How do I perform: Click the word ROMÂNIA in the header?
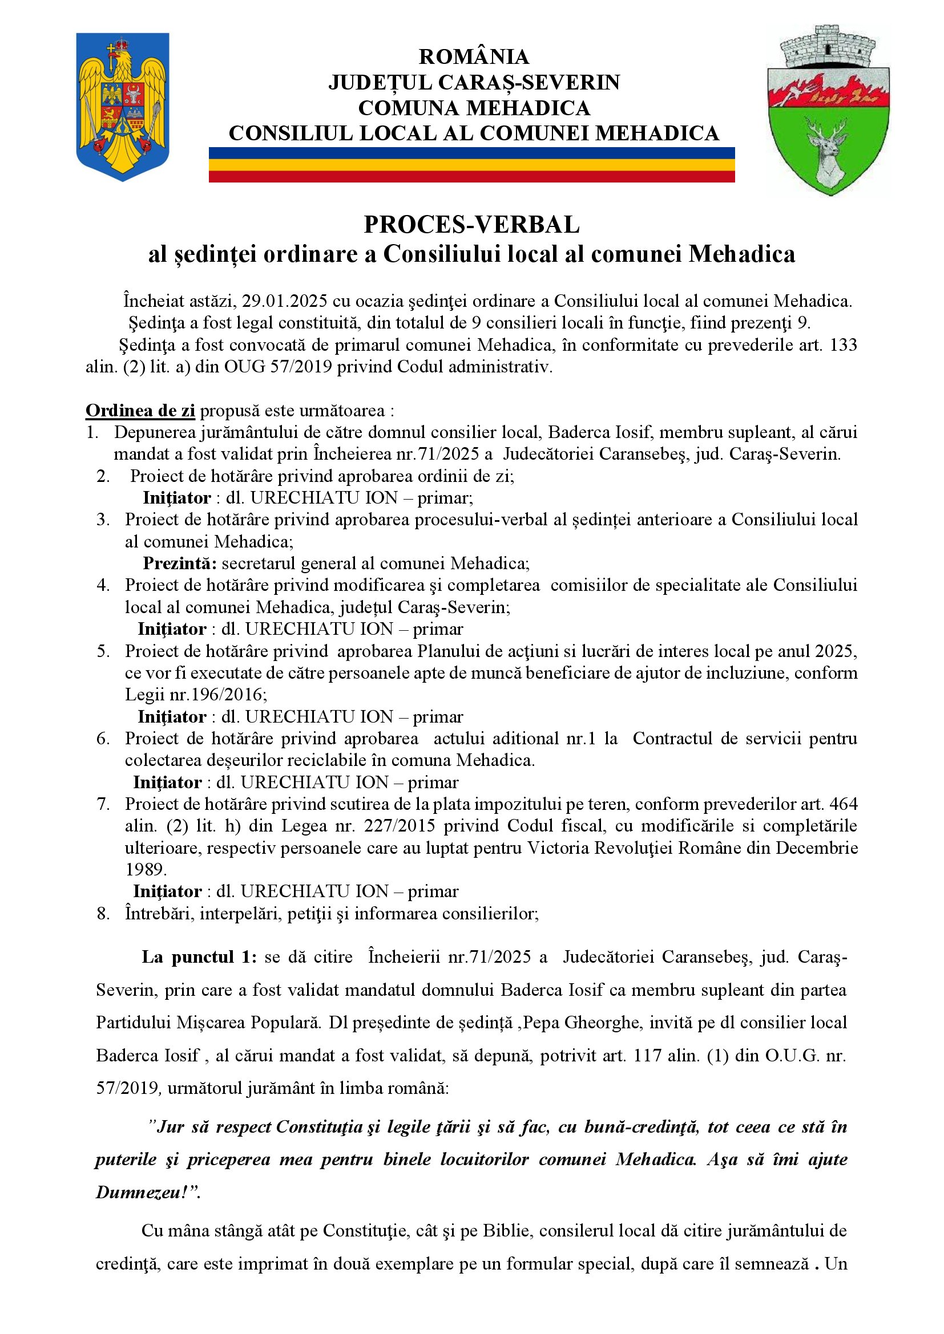click(474, 56)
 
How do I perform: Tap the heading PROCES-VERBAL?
click(471, 224)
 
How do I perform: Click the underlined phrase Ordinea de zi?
click(140, 410)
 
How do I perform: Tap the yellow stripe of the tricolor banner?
click(471, 164)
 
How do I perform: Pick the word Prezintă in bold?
click(180, 563)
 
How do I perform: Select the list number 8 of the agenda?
click(103, 913)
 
